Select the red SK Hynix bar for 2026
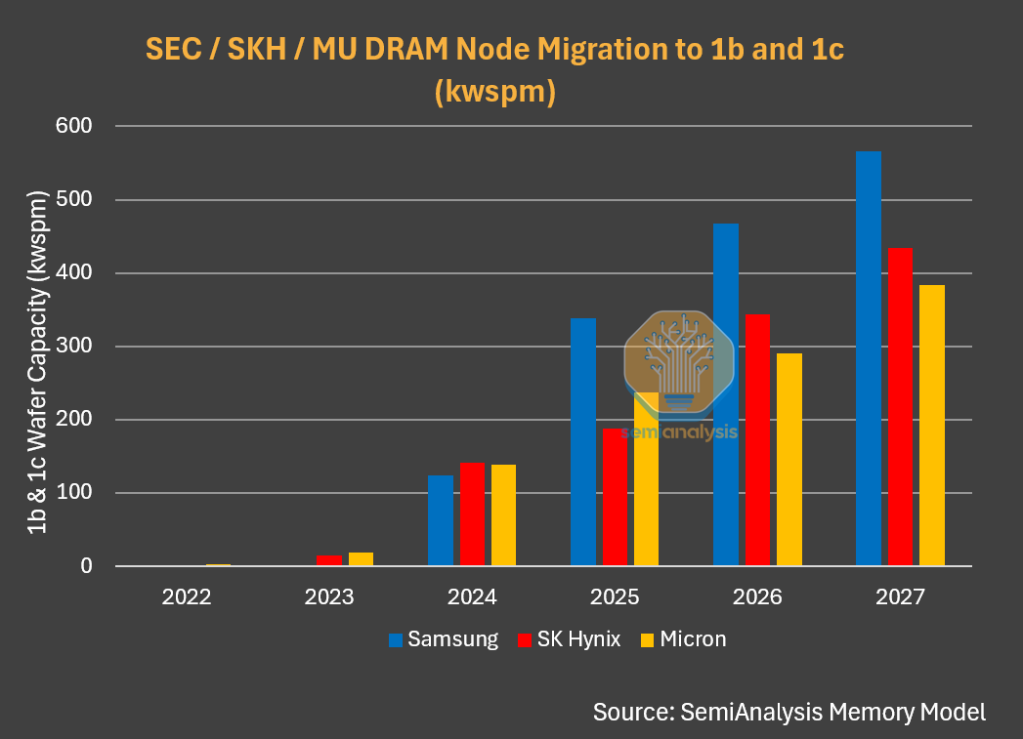click(757, 439)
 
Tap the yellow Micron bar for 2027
click(932, 425)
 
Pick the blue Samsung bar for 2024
click(441, 520)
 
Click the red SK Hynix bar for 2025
click(615, 497)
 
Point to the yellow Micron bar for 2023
click(361, 558)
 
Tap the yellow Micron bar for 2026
click(789, 459)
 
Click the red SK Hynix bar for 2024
click(472, 513)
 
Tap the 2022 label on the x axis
click(187, 596)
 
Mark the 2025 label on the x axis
click(615, 596)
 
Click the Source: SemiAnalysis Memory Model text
click(789, 712)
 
